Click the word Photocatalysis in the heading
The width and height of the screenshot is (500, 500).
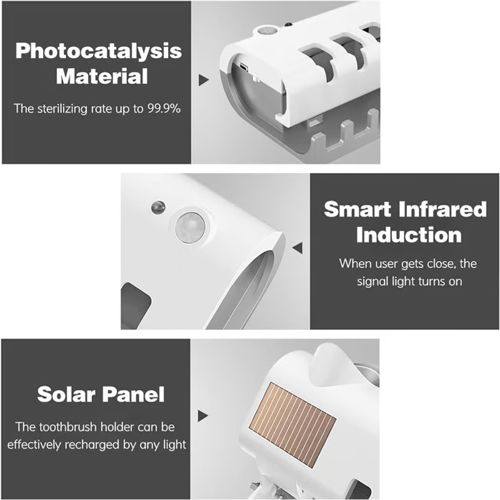(99, 51)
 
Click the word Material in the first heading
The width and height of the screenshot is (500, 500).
(102, 76)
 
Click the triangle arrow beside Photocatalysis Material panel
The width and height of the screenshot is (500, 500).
(204, 80)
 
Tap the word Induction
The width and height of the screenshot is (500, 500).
(409, 235)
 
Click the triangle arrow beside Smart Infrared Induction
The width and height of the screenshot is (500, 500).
(297, 247)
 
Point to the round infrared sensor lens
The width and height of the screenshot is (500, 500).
(191, 227)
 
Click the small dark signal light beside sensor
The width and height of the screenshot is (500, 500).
(158, 207)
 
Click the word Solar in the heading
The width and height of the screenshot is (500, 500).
(66, 394)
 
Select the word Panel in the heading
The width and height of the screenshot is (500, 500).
(134, 394)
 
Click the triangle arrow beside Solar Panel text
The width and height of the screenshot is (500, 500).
(202, 416)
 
